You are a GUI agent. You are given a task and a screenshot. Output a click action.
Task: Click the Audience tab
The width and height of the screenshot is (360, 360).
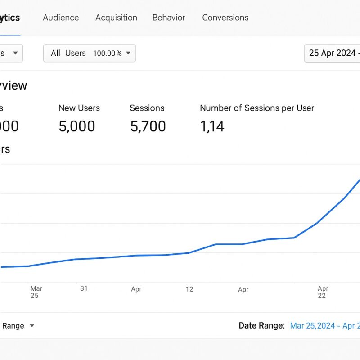pos(61,18)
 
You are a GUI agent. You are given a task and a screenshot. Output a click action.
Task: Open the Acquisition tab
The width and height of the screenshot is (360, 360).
pos(116,18)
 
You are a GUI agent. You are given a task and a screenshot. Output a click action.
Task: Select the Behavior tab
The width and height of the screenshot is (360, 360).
pos(169,18)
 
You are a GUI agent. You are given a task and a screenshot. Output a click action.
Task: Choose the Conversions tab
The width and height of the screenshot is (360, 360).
pos(225,18)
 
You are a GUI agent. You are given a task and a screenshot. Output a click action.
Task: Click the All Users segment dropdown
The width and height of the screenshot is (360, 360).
pos(89,53)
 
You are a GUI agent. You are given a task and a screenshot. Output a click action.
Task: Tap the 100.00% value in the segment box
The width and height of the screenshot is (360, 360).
pos(107,53)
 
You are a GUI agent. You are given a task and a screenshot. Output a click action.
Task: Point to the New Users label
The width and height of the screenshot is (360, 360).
pos(79,108)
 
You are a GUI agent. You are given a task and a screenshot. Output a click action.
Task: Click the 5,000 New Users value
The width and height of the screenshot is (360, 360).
pos(77,126)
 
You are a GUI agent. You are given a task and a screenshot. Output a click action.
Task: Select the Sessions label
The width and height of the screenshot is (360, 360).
pos(147,108)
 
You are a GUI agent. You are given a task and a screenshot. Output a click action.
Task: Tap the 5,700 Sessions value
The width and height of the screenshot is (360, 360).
pos(148,126)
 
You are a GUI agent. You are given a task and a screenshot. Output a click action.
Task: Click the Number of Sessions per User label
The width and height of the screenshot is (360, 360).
pos(257,108)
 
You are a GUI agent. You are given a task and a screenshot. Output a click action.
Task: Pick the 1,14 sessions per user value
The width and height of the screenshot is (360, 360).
pos(212,126)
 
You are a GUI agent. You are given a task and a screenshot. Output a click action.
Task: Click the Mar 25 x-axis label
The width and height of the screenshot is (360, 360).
pos(36,292)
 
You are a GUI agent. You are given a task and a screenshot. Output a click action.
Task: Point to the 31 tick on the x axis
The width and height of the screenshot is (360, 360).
pos(84,288)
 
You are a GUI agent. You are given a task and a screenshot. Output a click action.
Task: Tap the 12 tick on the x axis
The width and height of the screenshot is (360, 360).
pos(189,289)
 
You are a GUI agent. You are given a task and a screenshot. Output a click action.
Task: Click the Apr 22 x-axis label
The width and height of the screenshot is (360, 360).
pos(323,292)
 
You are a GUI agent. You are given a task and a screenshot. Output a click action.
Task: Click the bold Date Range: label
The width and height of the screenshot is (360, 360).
pos(261,325)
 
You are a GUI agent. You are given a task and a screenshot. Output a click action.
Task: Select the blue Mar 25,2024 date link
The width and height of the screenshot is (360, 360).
pos(313,325)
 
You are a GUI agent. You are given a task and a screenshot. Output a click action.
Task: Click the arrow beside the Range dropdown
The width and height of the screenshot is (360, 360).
pos(32,325)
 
